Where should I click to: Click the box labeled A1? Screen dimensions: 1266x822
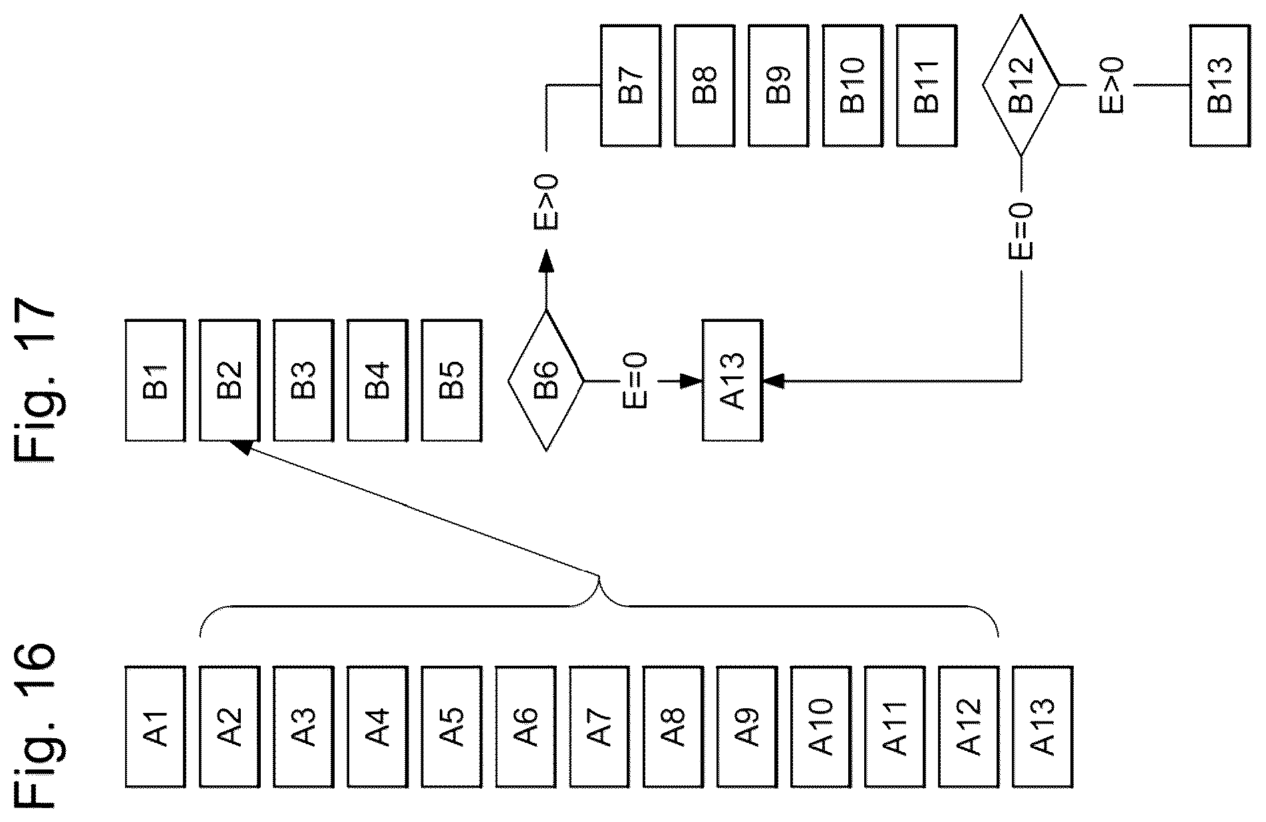pos(156,726)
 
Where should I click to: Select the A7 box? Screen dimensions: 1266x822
pos(599,726)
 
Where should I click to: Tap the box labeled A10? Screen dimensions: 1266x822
pos(821,726)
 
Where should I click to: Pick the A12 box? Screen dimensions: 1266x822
pos(969,726)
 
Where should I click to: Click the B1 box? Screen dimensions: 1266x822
pos(156,380)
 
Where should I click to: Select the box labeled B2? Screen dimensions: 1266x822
pos(230,380)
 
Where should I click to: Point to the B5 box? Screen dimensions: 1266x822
pos(452,380)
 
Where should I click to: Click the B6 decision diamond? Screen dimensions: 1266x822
pos(546,380)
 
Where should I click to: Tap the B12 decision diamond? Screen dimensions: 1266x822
pos(1021,85)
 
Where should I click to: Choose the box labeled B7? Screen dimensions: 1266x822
pos(631,85)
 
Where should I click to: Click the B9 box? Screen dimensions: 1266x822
pos(778,85)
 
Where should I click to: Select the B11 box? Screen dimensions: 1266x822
pos(927,85)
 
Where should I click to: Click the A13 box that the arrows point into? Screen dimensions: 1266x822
pos(732,380)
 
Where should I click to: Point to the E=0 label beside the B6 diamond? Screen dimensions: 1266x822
pos(635,381)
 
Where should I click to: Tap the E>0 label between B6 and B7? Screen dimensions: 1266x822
pos(546,203)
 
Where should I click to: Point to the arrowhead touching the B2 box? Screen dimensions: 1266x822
pos(241,448)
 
